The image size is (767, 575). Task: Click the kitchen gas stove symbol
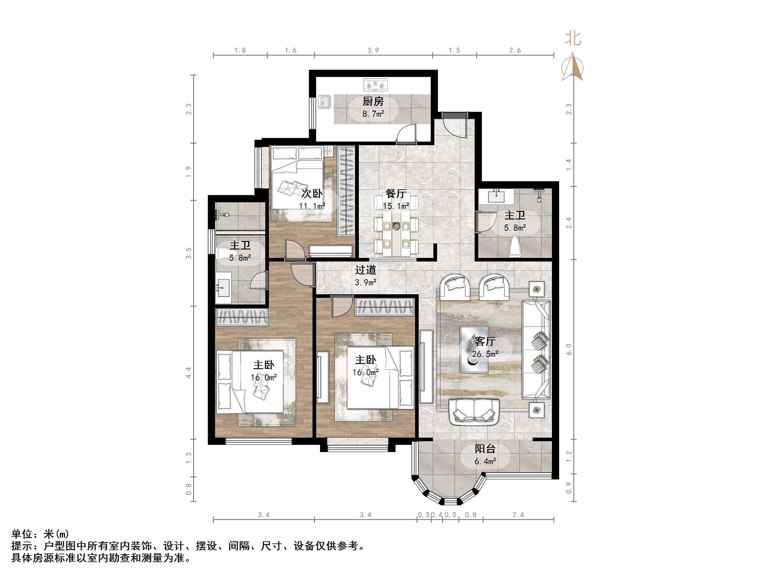(375, 84)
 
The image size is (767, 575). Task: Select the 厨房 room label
(373, 102)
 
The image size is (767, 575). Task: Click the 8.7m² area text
(373, 114)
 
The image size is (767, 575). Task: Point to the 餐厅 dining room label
(396, 193)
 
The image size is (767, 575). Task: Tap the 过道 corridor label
(365, 270)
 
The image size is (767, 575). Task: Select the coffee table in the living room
(474, 349)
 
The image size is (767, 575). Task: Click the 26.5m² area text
(485, 354)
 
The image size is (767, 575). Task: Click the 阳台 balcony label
(485, 449)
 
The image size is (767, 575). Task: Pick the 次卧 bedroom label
(312, 193)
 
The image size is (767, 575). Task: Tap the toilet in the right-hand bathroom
(515, 246)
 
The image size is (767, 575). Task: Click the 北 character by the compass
(573, 38)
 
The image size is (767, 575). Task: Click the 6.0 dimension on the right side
(569, 349)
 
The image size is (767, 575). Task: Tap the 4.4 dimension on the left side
(188, 373)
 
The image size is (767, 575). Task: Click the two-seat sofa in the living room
(474, 412)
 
